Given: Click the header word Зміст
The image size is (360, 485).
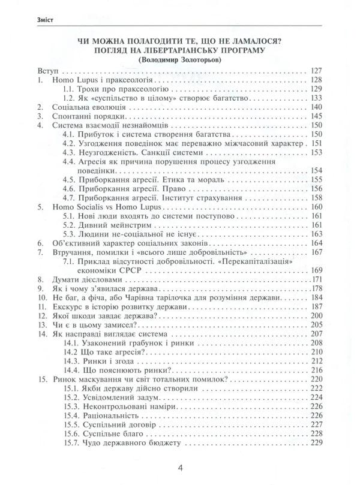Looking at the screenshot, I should (x=29, y=20).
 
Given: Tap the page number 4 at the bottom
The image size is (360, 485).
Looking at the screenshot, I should (x=180, y=468).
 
